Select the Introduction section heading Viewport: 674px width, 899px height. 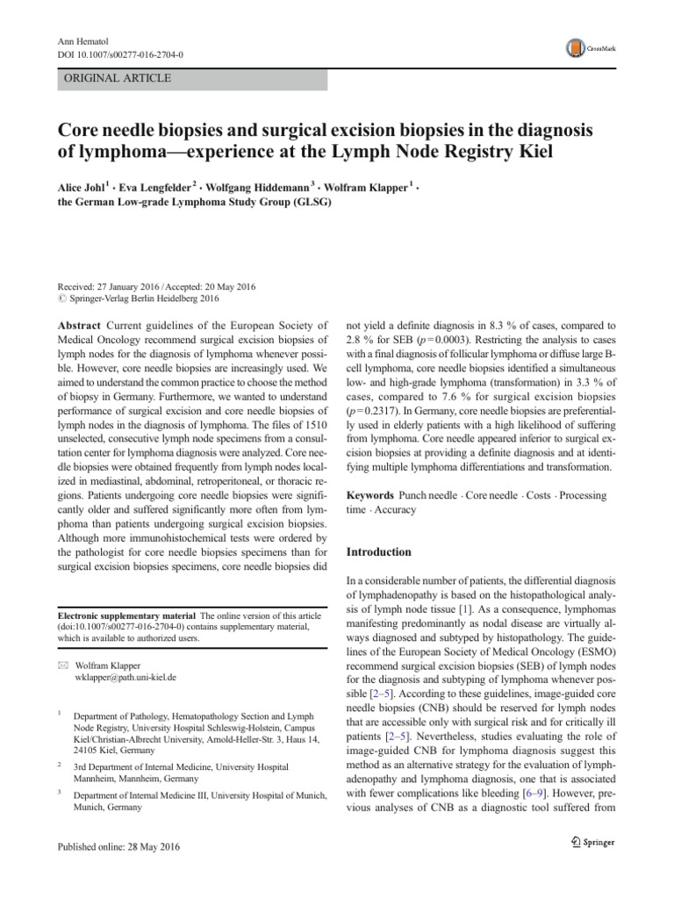378,552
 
